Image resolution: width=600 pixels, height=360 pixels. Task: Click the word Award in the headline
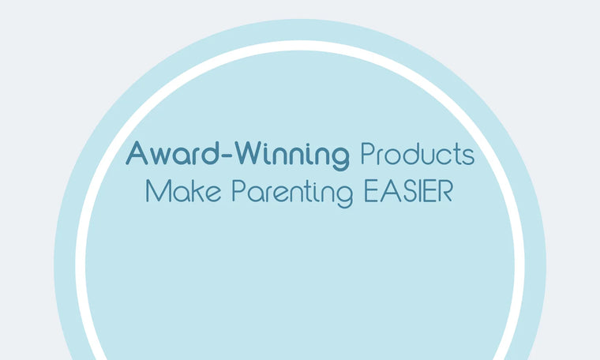pyautogui.click(x=170, y=153)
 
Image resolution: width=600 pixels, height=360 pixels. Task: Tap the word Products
pyautogui.click(x=417, y=153)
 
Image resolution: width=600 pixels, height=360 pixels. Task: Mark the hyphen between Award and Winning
pyautogui.click(x=223, y=156)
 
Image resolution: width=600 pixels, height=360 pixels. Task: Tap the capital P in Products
pyautogui.click(x=367, y=153)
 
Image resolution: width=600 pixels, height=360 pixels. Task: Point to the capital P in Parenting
pyautogui.click(x=238, y=192)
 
